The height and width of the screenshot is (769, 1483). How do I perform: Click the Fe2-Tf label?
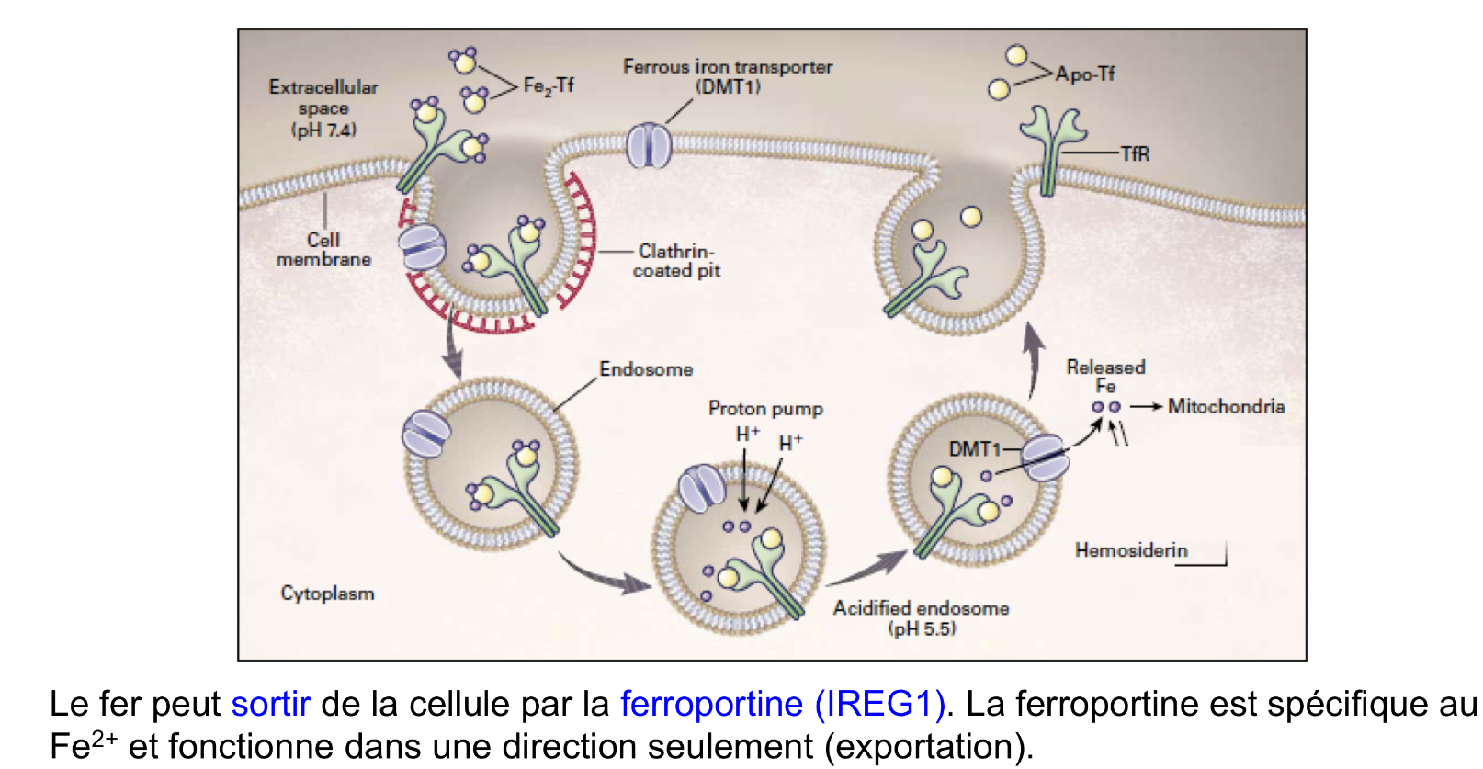click(x=549, y=85)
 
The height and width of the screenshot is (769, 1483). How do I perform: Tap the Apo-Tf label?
click(x=1084, y=74)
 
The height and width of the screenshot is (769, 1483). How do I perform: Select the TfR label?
click(x=1135, y=153)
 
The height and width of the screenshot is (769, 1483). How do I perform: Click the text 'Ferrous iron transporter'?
click(x=728, y=66)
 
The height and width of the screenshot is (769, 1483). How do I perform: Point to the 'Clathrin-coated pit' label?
click(x=676, y=261)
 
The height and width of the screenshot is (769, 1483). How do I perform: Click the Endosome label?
click(x=646, y=369)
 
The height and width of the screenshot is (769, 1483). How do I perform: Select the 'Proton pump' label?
click(x=765, y=409)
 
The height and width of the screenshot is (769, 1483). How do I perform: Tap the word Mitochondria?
click(x=1226, y=406)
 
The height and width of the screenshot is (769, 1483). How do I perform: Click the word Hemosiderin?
click(x=1131, y=550)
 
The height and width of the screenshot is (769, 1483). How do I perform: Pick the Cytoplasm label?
click(x=327, y=594)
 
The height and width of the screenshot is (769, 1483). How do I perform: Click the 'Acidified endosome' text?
click(x=921, y=608)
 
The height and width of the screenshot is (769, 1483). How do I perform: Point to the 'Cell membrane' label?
click(x=323, y=250)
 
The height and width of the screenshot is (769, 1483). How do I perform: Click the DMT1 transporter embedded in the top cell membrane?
click(x=650, y=145)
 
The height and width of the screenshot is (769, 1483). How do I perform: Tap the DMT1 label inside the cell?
click(x=974, y=448)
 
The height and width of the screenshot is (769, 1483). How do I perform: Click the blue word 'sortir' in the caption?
click(x=271, y=705)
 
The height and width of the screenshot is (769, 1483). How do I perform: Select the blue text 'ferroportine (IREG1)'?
click(x=783, y=705)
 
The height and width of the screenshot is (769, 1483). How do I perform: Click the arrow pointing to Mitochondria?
click(x=1147, y=406)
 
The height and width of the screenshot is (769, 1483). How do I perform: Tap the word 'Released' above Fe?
click(x=1105, y=368)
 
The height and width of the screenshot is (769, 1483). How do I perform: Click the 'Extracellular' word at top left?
click(x=323, y=87)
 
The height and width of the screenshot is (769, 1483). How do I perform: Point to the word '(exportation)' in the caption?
click(x=928, y=747)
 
